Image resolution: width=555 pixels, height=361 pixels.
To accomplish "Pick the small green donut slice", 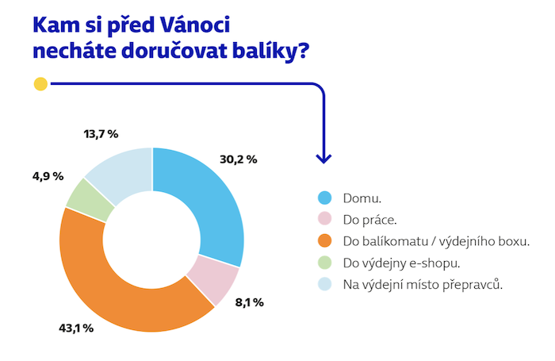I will pyautogui.click(x=86, y=194).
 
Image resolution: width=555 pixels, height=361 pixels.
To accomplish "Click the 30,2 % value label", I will pyautogui.click(x=238, y=159).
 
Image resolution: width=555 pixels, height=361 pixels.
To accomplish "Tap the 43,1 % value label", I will pyautogui.click(x=76, y=328).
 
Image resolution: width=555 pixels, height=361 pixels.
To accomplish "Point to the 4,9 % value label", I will pyautogui.click(x=48, y=176).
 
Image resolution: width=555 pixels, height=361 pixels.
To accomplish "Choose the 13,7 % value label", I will pyautogui.click(x=102, y=135).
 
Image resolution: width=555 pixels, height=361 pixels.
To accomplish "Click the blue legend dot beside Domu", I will pyautogui.click(x=323, y=198).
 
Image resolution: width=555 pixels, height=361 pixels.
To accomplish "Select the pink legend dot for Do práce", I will pyautogui.click(x=323, y=219).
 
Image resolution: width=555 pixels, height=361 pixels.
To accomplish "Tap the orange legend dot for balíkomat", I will pyautogui.click(x=323, y=240).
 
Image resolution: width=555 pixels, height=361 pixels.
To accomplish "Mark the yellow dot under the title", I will pyautogui.click(x=41, y=83).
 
